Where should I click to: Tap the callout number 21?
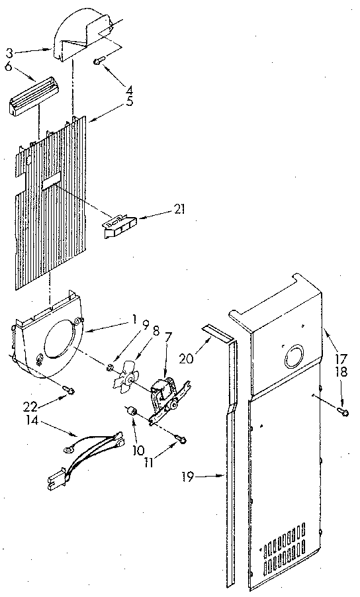coord(179,210)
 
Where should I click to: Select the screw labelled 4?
coord(99,61)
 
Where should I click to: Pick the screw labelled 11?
coord(182,439)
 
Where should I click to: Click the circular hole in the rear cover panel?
coord(292,359)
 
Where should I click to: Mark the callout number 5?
coord(130,102)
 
